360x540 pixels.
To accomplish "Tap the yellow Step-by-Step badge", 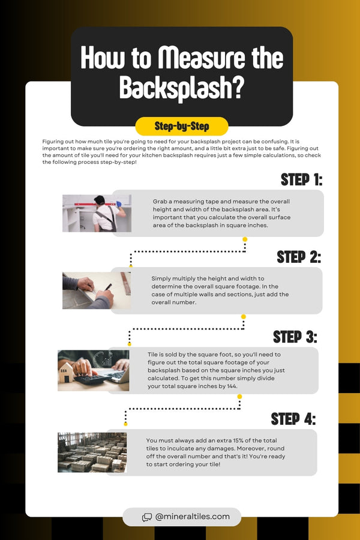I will (x=181, y=127).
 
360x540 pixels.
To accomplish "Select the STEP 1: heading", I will (x=302, y=180).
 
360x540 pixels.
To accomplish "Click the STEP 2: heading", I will (x=299, y=257).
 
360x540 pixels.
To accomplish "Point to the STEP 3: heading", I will (x=295, y=337).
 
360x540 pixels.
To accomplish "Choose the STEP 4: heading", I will (x=293, y=418).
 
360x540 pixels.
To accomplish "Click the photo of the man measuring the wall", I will (x=97, y=213).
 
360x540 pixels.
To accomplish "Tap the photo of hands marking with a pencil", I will (x=96, y=290).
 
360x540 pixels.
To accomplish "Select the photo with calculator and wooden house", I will (x=93, y=371).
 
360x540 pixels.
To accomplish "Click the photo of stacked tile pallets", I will (x=92, y=452).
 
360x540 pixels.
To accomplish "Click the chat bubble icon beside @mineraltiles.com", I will (x=147, y=517).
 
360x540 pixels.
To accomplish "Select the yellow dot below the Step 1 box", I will (x=245, y=239).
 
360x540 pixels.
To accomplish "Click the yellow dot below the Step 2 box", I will (x=243, y=316).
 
